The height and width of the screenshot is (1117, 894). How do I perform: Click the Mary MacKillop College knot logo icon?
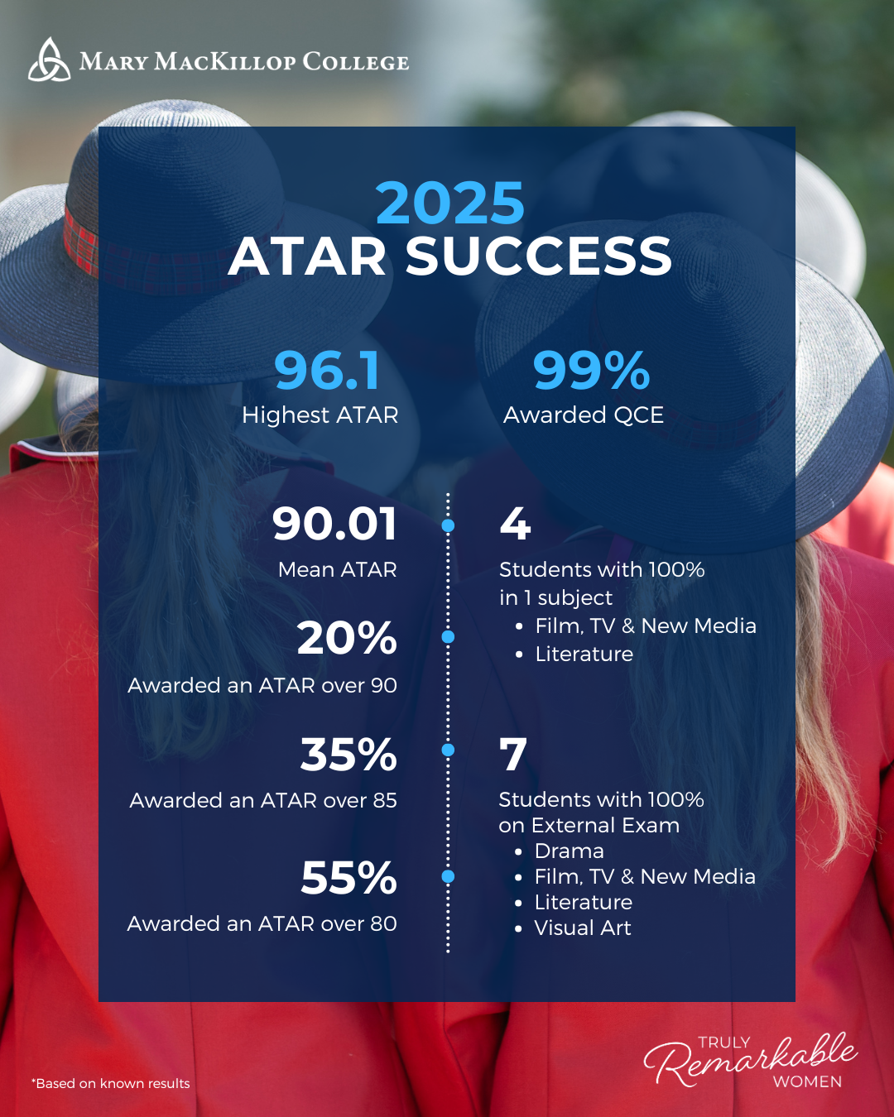[50, 60]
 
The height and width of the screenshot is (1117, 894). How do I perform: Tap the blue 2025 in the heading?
[449, 204]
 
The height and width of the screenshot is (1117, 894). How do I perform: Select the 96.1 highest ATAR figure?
[327, 370]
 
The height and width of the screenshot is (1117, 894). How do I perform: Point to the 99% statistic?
[591, 370]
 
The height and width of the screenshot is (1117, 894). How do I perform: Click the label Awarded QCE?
[584, 415]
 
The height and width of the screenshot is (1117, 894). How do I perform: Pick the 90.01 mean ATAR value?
[334, 525]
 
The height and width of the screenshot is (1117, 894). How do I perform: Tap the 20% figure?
[347, 639]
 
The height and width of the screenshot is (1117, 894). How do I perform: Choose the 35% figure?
[348, 755]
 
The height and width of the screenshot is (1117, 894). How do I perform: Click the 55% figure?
[348, 878]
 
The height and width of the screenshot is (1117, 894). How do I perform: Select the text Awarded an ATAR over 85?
[263, 800]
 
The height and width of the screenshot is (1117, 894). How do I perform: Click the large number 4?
[515, 524]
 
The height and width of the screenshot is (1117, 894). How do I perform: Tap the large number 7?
[513, 754]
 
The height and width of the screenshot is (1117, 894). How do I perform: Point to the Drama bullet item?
[569, 851]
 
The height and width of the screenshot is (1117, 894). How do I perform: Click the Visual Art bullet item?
[582, 928]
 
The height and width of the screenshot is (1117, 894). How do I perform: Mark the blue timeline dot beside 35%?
[449, 750]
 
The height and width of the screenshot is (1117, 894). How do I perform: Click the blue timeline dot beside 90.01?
[449, 525]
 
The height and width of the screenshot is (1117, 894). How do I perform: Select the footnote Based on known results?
[111, 1083]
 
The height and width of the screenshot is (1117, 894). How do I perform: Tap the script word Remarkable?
[749, 1059]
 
